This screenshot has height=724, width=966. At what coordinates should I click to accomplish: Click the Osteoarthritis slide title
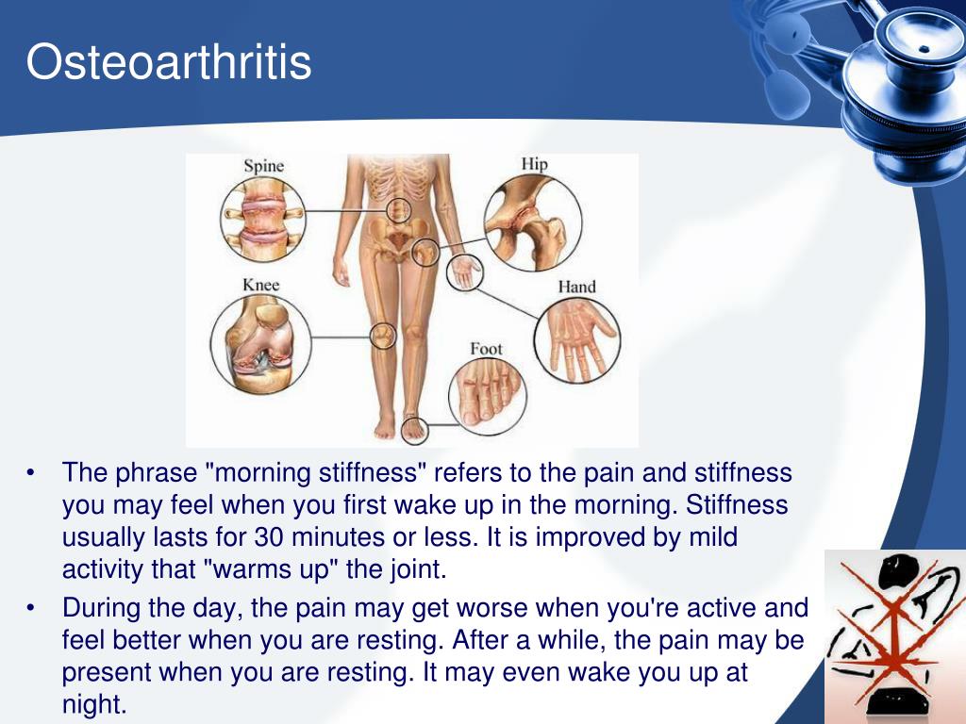point(169,61)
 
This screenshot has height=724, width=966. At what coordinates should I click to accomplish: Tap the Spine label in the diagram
point(264,166)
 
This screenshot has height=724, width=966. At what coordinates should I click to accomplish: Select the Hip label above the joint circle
point(534,164)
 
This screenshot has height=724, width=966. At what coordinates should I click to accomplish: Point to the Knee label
point(260,285)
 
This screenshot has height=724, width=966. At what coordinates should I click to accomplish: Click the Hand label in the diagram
point(576,287)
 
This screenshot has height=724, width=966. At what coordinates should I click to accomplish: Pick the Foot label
point(486,349)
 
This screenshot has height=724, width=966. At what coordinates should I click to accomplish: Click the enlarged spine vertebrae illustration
point(263,219)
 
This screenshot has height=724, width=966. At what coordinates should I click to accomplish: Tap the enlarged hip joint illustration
point(533,222)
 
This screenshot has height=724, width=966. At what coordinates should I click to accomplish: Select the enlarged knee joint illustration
point(260,343)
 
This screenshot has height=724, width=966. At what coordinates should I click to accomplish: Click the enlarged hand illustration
point(577,340)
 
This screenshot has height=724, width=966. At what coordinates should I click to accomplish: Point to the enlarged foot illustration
point(488,397)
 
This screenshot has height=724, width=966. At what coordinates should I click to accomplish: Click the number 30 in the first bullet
point(269,536)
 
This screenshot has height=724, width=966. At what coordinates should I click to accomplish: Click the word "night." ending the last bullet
point(94,703)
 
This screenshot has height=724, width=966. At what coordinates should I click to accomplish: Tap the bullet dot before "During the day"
point(31,608)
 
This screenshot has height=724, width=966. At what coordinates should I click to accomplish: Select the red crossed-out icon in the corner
point(895,636)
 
